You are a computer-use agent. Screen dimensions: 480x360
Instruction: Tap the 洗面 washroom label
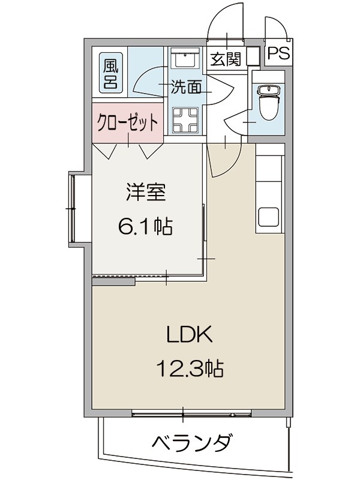point(186,88)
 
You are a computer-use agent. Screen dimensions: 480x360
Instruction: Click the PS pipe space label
point(278,53)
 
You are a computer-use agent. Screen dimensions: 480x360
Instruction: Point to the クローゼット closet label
point(128,122)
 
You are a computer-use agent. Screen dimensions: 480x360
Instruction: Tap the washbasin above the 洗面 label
point(185,61)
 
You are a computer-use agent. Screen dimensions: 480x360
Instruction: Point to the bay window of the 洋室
point(75,208)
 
